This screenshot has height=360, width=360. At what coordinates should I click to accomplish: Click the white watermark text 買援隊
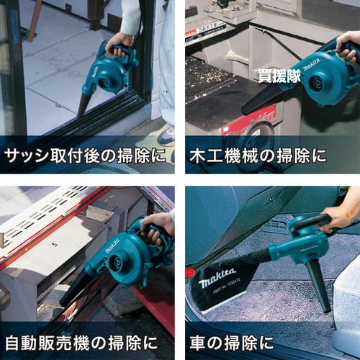click(279, 76)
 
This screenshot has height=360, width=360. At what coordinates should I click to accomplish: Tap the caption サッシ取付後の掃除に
click(86, 156)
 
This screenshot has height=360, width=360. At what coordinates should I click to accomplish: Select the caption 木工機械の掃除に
click(258, 156)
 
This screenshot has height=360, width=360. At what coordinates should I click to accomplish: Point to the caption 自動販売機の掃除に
click(81, 343)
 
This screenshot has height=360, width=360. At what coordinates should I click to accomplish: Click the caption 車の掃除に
click(232, 343)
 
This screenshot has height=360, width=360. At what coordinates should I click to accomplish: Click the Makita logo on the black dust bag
click(217, 277)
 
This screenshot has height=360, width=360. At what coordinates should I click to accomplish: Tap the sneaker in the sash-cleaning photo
click(166, 136)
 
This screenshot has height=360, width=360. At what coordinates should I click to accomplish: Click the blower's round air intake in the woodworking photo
click(318, 84)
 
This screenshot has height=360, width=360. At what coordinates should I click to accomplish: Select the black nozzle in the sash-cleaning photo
click(84, 105)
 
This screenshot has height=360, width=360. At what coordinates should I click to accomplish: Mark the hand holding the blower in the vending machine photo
click(157, 228)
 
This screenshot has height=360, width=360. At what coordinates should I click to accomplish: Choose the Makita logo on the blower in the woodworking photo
click(312, 65)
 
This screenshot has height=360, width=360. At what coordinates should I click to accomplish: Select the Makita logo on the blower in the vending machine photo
click(112, 246)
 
